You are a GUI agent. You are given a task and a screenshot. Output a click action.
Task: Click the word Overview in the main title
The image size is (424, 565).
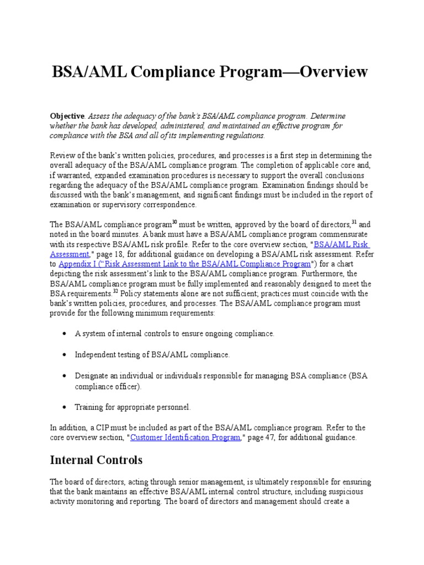coord(327,72)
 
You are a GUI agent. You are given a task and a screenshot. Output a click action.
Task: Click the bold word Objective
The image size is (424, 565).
coord(67,116)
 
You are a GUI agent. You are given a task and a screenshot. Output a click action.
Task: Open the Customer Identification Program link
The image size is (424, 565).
coord(185,437)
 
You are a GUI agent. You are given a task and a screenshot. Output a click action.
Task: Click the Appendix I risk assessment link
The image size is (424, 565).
coord(184,264)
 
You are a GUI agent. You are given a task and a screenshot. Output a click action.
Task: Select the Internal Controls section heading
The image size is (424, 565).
coord(96,460)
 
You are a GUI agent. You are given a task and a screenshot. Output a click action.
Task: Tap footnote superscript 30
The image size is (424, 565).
coord(174,222)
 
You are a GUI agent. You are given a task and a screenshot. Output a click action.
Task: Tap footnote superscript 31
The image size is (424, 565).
coord(354,222)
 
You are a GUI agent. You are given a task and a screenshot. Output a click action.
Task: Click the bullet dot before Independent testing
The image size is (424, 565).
coord(65,354)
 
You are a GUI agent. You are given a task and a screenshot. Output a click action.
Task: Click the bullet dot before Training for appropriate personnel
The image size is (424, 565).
coord(65,407)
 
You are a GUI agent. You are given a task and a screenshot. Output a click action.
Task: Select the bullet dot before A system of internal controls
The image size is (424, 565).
coord(65,334)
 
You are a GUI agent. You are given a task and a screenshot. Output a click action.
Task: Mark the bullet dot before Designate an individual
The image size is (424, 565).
coord(65,375)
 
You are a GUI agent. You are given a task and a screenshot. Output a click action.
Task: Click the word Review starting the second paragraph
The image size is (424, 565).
coord(62,155)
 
